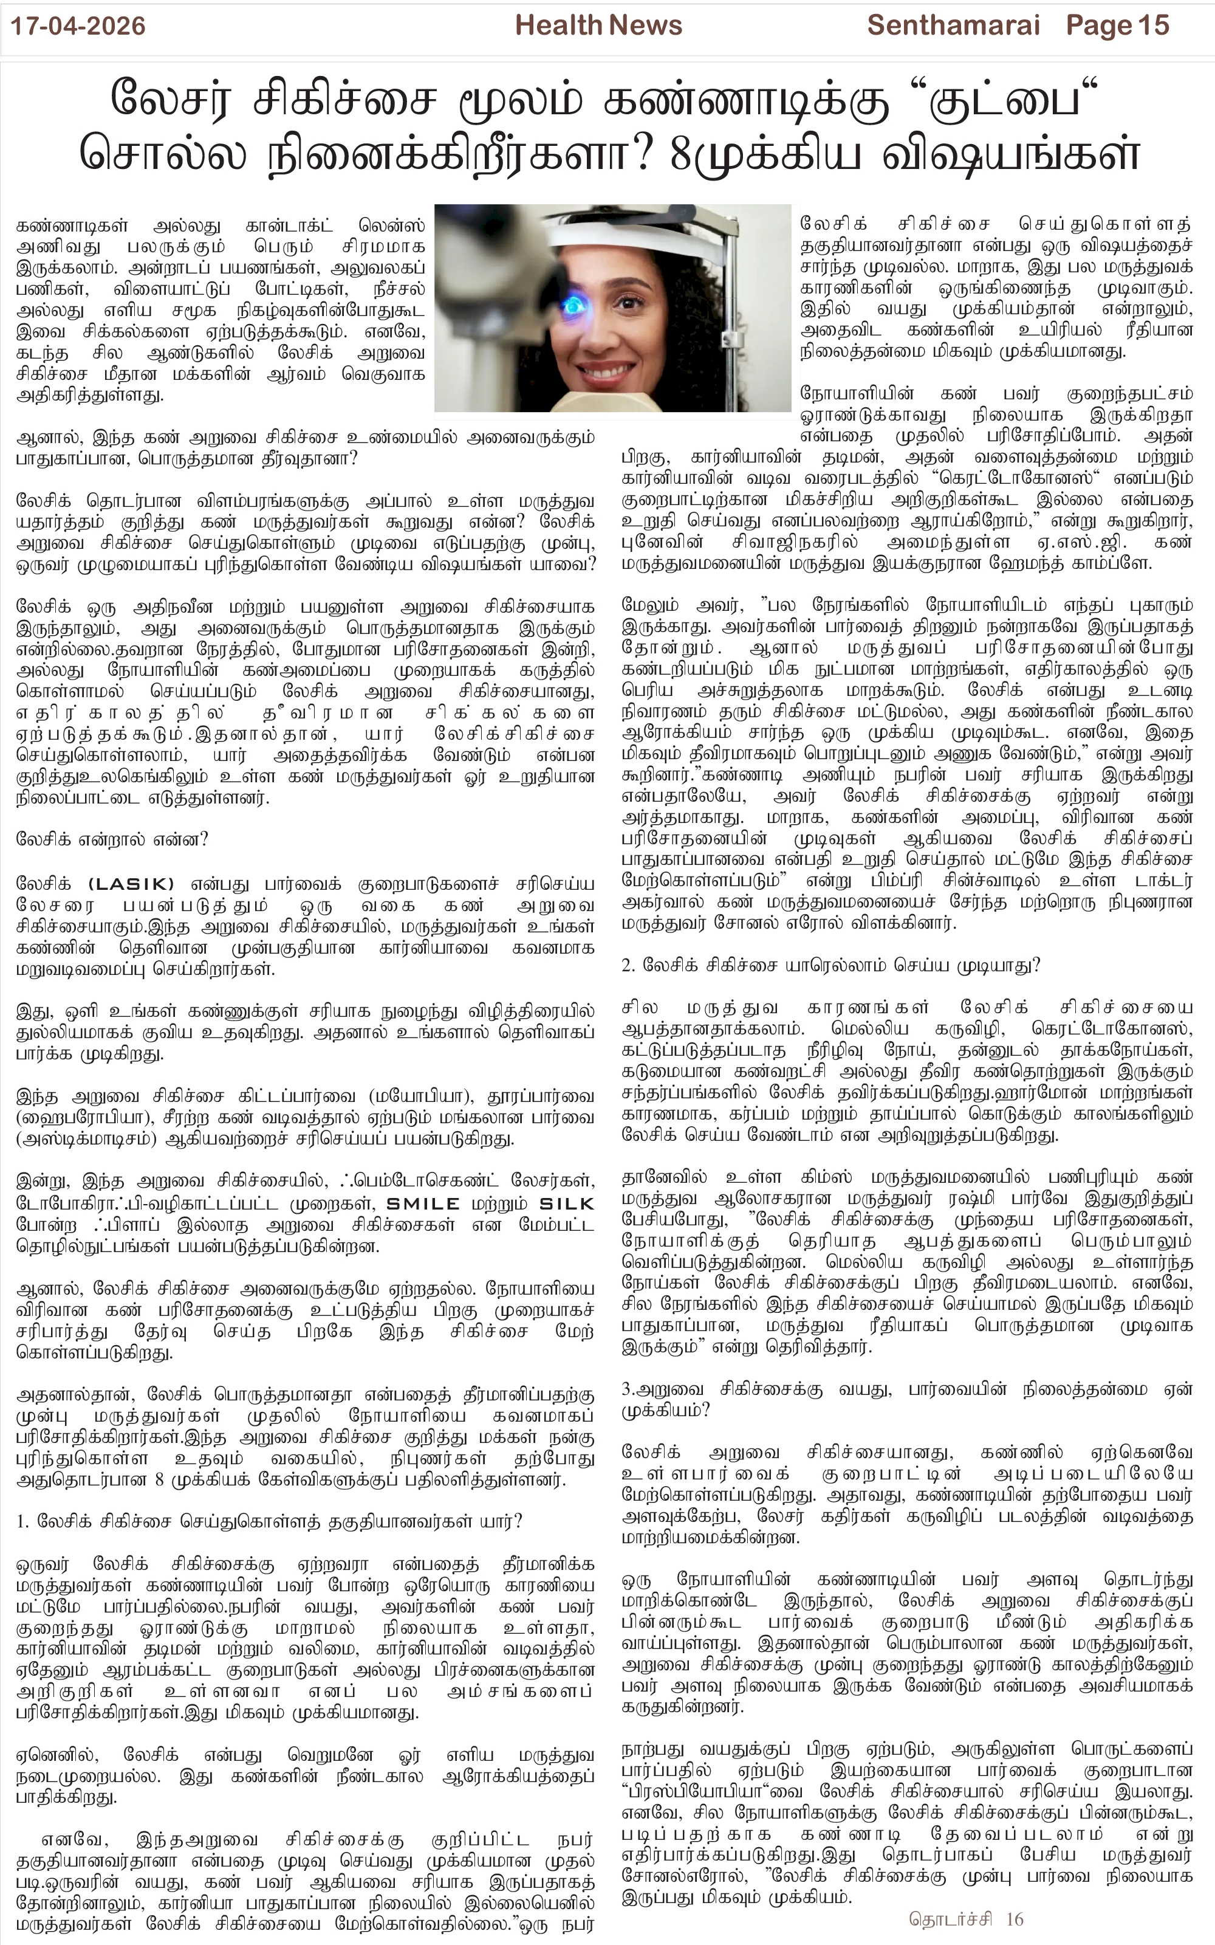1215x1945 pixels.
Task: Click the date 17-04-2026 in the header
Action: point(78,27)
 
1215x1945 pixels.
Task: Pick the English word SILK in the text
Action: point(567,1203)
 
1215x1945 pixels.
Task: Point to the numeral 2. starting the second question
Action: point(628,965)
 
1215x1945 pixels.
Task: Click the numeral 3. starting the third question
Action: point(628,1389)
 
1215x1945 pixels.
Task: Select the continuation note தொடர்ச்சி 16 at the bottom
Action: point(967,1919)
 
